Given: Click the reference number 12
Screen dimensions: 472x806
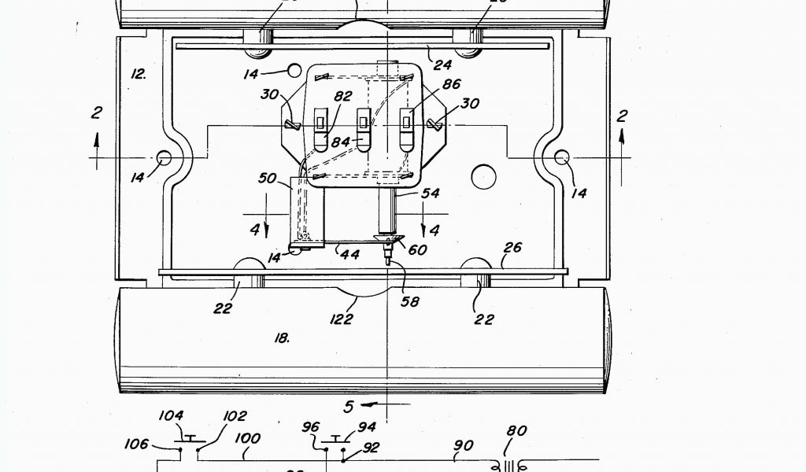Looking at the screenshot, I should click(x=139, y=74).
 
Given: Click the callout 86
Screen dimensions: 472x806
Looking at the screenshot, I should click(x=452, y=84).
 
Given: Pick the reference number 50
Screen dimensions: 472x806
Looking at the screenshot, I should click(x=268, y=179).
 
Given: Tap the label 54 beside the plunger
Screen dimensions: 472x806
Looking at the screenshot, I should click(x=431, y=193).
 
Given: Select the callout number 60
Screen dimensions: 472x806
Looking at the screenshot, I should click(x=418, y=249).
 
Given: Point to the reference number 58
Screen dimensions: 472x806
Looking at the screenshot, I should click(x=410, y=301).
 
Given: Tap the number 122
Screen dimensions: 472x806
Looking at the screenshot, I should click(x=341, y=319).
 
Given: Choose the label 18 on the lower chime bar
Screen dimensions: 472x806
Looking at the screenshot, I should click(x=281, y=337).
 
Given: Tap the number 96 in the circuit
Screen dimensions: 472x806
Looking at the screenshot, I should click(x=312, y=428).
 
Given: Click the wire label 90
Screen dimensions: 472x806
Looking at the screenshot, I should click(x=463, y=445).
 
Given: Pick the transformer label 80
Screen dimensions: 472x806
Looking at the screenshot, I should click(x=516, y=431).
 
